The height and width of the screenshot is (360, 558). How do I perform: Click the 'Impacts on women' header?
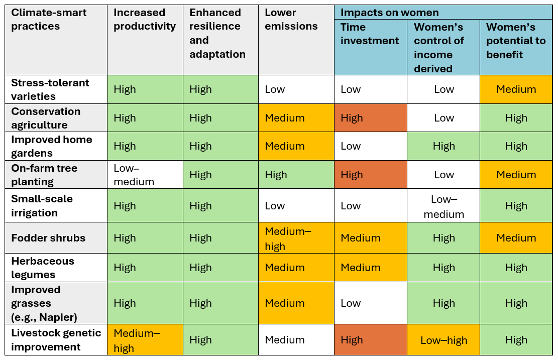click(389, 13)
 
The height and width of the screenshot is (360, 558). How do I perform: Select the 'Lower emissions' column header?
click(291, 20)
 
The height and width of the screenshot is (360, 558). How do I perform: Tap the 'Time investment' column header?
click(370, 34)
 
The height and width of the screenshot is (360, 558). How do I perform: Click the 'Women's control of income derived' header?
click(438, 48)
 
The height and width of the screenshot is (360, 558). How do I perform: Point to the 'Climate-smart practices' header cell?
click(49, 20)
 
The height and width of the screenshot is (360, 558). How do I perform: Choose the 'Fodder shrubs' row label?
click(48, 238)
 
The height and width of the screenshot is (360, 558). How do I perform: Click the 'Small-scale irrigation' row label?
click(42, 206)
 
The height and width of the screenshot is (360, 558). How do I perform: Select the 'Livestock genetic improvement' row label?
click(56, 340)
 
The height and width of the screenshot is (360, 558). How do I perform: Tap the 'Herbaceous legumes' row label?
click(43, 268)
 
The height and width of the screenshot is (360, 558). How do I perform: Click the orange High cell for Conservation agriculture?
click(371, 118)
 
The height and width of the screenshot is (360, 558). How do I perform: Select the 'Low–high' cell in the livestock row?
click(443, 340)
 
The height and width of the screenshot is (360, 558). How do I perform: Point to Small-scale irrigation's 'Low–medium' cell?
click(443, 206)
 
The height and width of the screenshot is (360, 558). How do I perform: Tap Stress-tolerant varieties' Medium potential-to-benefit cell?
click(516, 89)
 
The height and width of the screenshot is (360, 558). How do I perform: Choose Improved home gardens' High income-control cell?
click(443, 146)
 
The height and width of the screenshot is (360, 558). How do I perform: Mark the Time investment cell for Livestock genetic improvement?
click(371, 340)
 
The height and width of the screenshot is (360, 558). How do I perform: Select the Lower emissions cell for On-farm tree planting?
click(296, 175)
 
